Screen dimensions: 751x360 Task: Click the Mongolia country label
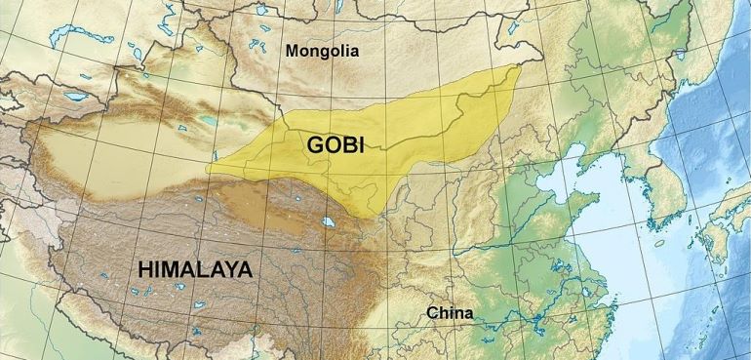(x=322, y=51)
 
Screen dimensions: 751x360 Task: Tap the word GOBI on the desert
(x=336, y=144)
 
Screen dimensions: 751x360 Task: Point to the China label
(x=450, y=313)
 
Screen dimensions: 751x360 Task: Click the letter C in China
(x=431, y=313)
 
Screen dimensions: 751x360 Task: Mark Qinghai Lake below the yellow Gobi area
(x=333, y=223)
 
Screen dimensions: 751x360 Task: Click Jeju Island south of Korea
(x=660, y=243)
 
